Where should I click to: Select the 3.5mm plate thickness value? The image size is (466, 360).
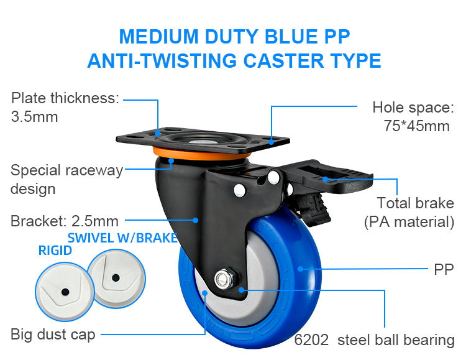tap(35, 116)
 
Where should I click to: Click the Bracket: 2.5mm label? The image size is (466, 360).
tap(65, 220)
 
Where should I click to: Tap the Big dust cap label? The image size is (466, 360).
tap(53, 335)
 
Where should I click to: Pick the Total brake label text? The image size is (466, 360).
tap(415, 203)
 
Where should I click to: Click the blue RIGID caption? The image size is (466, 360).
tap(55, 251)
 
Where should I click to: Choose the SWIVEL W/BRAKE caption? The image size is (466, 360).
tap(123, 238)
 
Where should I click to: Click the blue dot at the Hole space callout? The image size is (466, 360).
tap(271, 141)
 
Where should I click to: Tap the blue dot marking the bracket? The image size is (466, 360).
tap(196, 219)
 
